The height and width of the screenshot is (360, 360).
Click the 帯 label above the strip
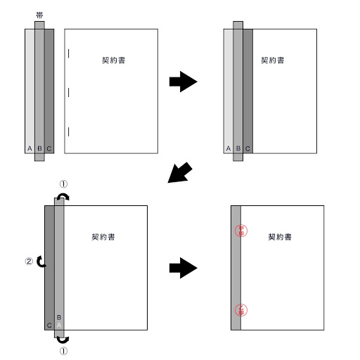tap(39, 15)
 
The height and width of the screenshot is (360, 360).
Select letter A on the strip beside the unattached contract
tap(29, 148)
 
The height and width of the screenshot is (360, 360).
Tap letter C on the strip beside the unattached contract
tap(49, 148)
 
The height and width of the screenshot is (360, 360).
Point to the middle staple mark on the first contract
tap(69, 92)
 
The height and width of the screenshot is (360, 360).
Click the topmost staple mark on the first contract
tap(69, 53)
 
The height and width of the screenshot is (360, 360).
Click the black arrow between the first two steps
tap(183, 82)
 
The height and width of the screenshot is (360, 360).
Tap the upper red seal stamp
tap(240, 231)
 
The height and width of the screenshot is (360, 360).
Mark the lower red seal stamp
tap(240, 309)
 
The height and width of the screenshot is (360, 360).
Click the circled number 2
tap(28, 262)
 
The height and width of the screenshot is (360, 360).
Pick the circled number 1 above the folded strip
tap(64, 184)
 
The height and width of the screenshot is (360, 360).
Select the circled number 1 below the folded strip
tap(64, 349)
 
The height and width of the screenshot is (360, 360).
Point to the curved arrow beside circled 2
tap(41, 262)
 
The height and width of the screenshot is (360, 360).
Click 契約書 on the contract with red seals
tap(281, 237)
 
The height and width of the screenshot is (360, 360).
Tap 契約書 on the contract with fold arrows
tap(104, 237)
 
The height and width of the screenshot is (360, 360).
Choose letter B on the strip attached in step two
tap(238, 148)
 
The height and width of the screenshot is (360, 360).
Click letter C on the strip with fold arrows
tap(49, 326)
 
